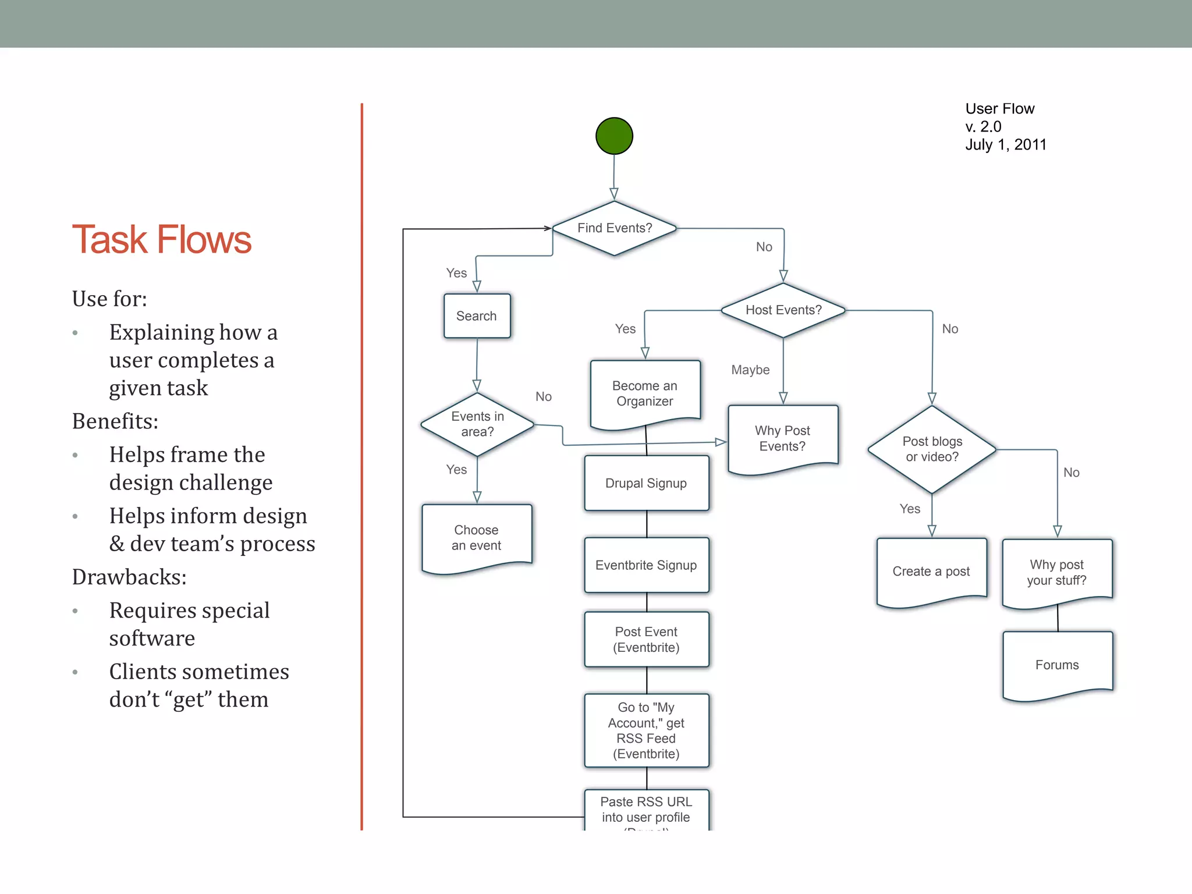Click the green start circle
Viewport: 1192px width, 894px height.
pyautogui.click(x=614, y=136)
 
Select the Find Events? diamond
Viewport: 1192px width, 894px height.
pyautogui.click(x=614, y=228)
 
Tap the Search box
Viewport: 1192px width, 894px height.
pyautogui.click(x=477, y=316)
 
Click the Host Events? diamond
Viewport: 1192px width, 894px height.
pyautogui.click(x=783, y=310)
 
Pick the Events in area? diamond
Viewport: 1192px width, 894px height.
pyautogui.click(x=477, y=424)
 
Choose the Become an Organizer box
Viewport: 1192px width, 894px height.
pyautogui.click(x=645, y=393)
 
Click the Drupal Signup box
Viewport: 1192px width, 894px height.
pyautogui.click(x=646, y=483)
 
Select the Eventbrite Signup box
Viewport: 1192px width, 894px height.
pyautogui.click(x=646, y=565)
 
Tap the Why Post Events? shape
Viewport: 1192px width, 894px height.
pyautogui.click(x=783, y=438)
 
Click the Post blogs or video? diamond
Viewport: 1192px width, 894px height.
pyautogui.click(x=932, y=449)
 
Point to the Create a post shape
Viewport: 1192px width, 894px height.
pyautogui.click(x=931, y=571)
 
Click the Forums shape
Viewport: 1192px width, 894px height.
pyautogui.click(x=1057, y=665)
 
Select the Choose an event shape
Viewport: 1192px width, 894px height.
pyautogui.click(x=476, y=538)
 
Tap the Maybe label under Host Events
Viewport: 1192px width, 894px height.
pyautogui.click(x=750, y=370)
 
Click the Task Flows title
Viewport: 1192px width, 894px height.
pyautogui.click(x=161, y=240)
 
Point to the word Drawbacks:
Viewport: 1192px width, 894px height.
pyautogui.click(x=129, y=577)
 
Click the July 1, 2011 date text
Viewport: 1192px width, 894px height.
pyautogui.click(x=1006, y=145)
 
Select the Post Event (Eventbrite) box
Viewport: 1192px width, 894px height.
pyautogui.click(x=646, y=640)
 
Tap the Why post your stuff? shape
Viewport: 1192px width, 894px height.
pyautogui.click(x=1056, y=572)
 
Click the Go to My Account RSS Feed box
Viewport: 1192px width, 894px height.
pyautogui.click(x=646, y=730)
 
